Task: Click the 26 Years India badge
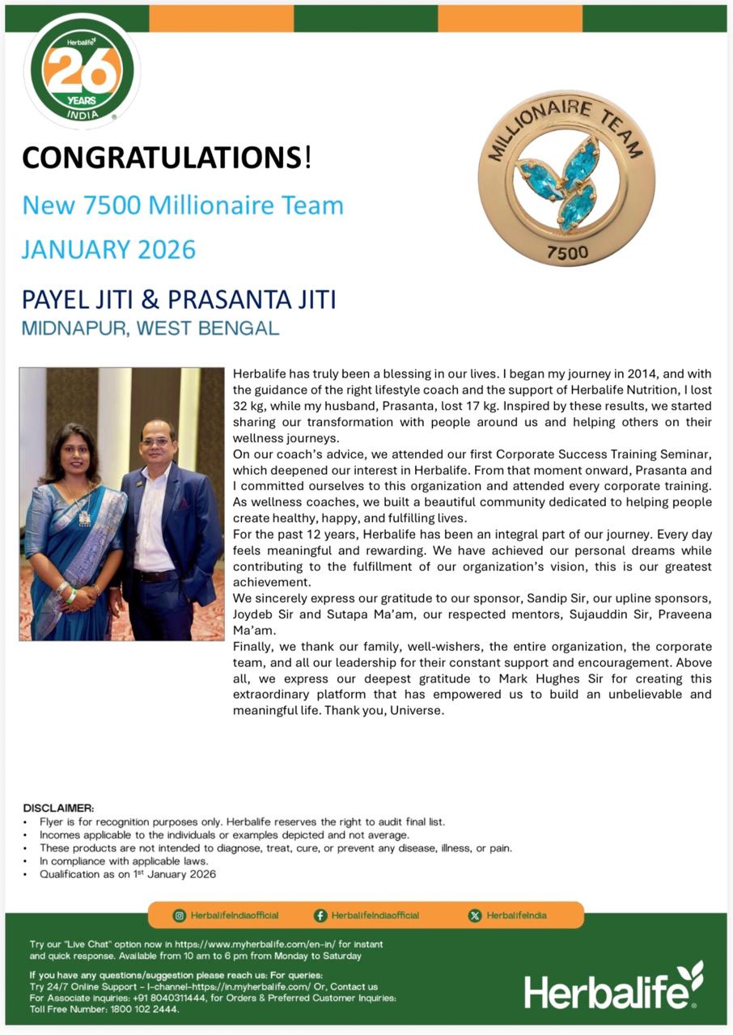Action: [82, 72]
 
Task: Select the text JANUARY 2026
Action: [108, 249]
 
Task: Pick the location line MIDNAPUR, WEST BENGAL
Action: [150, 329]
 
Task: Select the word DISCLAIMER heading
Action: [58, 808]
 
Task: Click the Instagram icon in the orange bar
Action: [180, 915]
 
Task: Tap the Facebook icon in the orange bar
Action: [320, 915]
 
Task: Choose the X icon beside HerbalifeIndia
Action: [475, 915]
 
